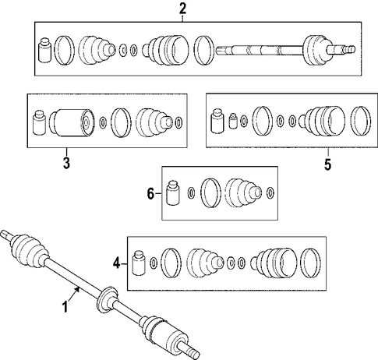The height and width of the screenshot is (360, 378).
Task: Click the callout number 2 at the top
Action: (182, 9)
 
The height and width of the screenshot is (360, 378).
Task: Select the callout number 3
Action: (66, 163)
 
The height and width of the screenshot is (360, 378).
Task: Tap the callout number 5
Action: (328, 164)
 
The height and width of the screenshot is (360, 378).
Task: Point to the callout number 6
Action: (150, 194)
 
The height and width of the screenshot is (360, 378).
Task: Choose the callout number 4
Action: (117, 264)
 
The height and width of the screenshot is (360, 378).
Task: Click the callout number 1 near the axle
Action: (65, 307)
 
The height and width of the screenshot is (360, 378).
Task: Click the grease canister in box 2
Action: (44, 50)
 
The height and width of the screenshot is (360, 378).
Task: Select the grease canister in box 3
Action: (39, 122)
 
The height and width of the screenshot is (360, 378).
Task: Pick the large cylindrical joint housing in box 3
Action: (71, 122)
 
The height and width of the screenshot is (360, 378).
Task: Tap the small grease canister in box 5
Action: (233, 121)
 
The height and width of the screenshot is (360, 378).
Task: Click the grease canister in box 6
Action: (173, 193)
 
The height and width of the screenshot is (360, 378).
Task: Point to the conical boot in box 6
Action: (242, 193)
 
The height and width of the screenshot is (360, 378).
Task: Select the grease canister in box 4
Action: (138, 263)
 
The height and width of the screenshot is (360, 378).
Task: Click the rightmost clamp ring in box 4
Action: (310, 263)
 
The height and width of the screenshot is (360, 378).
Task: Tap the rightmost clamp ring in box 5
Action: (360, 121)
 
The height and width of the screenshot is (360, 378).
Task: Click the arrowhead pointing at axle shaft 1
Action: (77, 289)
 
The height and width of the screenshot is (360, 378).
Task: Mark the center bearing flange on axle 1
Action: (106, 300)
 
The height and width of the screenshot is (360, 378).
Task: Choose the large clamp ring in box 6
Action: (210, 193)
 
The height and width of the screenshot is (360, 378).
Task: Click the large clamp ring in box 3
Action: (121, 122)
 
